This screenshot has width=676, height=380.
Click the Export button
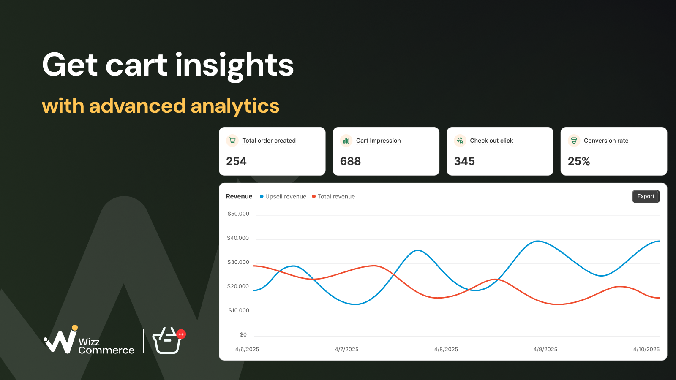[x=646, y=196]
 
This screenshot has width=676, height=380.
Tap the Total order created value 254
[x=236, y=161]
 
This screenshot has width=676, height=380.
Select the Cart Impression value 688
[x=350, y=161]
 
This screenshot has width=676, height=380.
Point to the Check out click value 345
[x=464, y=161]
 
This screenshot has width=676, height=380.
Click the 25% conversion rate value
[x=579, y=161]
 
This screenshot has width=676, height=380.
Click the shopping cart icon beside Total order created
[x=232, y=141]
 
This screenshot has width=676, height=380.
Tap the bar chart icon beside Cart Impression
[x=346, y=141]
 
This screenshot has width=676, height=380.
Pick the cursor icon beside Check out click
[x=460, y=141]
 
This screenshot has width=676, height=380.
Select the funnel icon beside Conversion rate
[x=574, y=141]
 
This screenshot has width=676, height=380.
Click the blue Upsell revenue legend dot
[x=262, y=197]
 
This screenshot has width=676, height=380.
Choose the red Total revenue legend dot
[x=314, y=197]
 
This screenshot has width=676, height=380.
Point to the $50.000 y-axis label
[x=238, y=214]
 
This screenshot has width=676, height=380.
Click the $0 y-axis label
[x=243, y=334]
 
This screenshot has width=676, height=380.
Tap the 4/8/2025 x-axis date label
[x=446, y=349]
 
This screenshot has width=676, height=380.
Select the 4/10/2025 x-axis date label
[x=646, y=349]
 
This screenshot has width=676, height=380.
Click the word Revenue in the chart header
[x=239, y=196]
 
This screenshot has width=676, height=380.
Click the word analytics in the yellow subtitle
[x=235, y=106]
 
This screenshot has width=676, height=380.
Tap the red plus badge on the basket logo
[x=181, y=334]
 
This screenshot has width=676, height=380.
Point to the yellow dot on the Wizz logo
[x=74, y=328]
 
